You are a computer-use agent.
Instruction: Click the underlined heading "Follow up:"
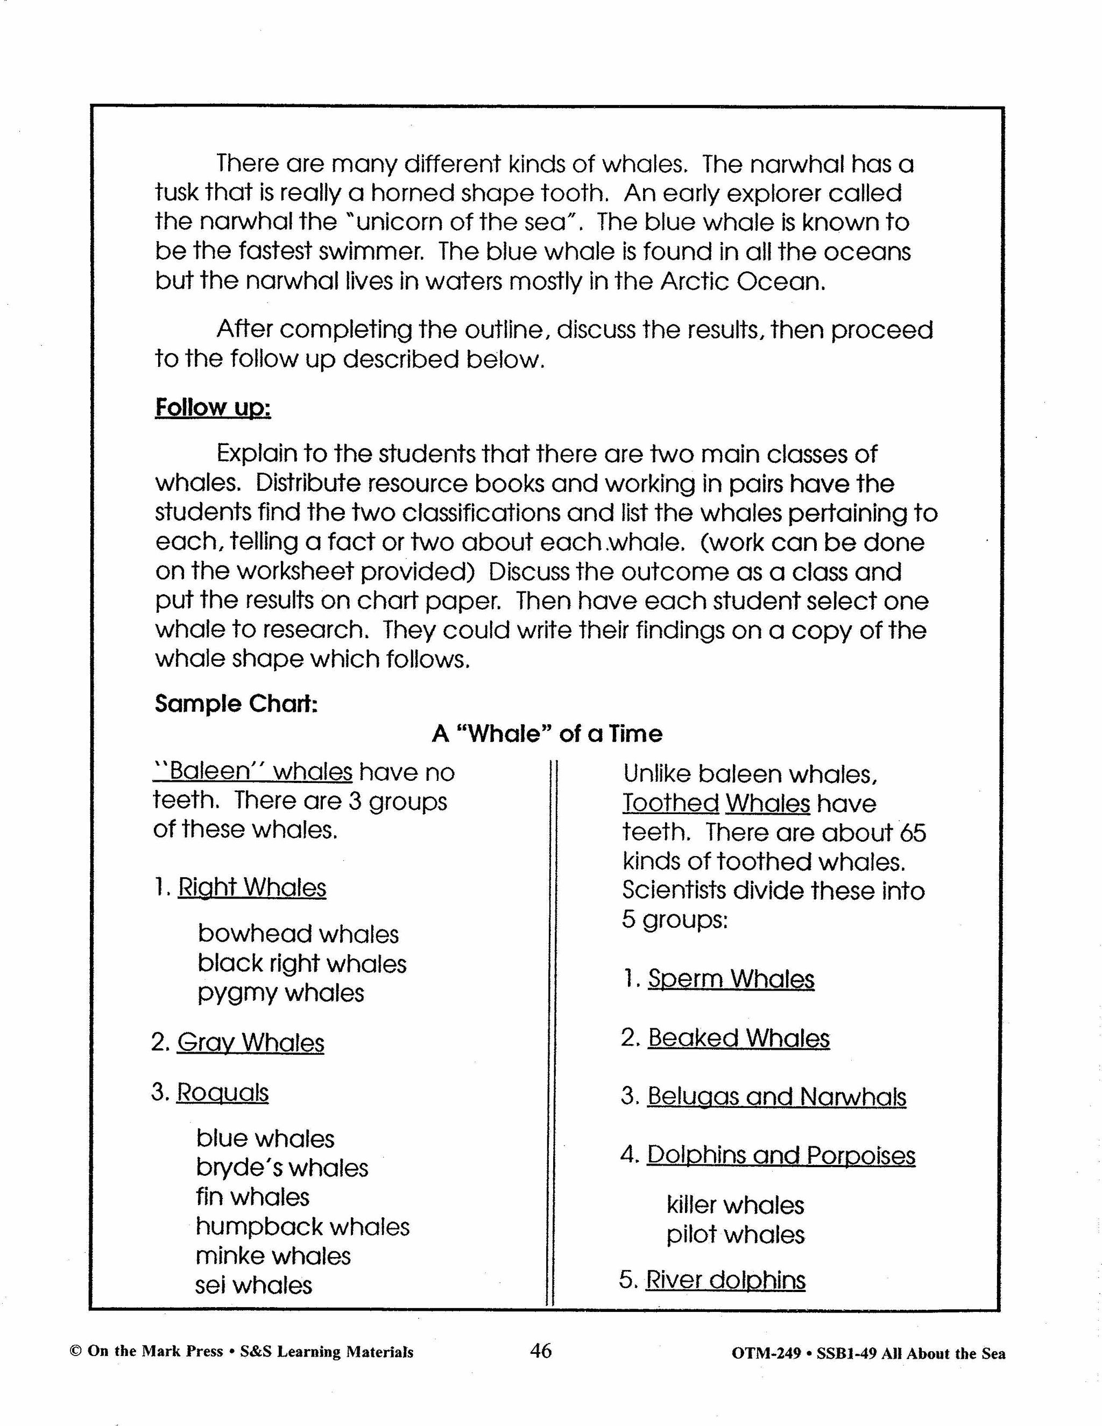pyautogui.click(x=213, y=407)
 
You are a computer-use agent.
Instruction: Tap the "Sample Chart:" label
pyautogui.click(x=236, y=704)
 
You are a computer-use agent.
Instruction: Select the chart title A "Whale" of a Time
pyautogui.click(x=547, y=734)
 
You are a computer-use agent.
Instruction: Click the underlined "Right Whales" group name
pyautogui.click(x=252, y=887)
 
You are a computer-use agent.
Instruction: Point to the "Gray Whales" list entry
pyautogui.click(x=250, y=1042)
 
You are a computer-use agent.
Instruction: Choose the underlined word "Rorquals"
pyautogui.click(x=223, y=1092)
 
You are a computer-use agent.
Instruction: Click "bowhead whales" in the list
pyautogui.click(x=298, y=934)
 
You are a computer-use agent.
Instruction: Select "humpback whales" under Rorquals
pyautogui.click(x=303, y=1227)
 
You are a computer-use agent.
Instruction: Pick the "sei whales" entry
pyautogui.click(x=254, y=1286)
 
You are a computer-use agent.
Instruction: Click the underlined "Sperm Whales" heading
pyautogui.click(x=731, y=979)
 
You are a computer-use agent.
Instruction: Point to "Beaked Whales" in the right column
pyautogui.click(x=738, y=1038)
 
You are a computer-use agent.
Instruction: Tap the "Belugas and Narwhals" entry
pyautogui.click(x=777, y=1096)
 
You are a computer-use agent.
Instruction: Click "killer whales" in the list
pyautogui.click(x=736, y=1205)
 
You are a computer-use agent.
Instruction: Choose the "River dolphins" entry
pyautogui.click(x=725, y=1280)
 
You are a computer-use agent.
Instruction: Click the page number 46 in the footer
pyautogui.click(x=541, y=1350)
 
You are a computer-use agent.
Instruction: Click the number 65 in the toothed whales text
pyautogui.click(x=913, y=833)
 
